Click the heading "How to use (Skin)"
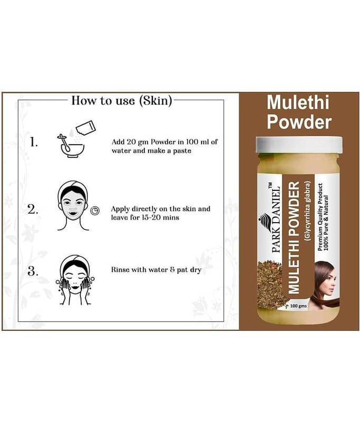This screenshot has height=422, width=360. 122,101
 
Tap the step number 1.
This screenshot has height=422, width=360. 33,142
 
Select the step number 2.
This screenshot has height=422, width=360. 33,209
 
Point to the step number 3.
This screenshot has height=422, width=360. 33,271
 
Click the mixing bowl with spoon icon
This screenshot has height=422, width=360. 71,146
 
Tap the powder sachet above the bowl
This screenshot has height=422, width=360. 86,127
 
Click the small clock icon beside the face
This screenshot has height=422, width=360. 95,210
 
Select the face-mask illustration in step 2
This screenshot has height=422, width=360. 73,206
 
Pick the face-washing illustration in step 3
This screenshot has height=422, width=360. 75,280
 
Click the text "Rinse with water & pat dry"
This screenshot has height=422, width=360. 156,270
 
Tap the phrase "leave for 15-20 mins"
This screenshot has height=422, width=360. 145,217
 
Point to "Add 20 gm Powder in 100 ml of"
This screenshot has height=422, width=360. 164,142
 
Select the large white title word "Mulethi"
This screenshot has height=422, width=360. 298,102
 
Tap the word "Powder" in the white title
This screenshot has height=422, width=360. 299,122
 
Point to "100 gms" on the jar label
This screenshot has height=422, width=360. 298,306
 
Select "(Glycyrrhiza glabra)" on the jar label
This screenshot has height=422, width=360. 307,210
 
